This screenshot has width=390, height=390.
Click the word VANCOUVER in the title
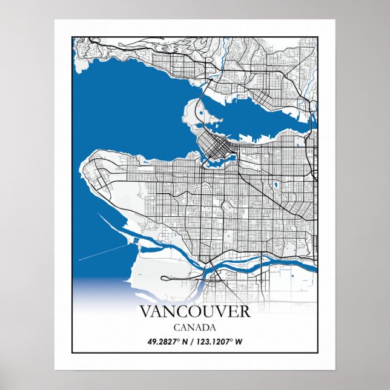point(194,312)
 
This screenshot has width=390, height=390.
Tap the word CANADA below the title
point(194,328)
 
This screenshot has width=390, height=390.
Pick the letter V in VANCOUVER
point(146,312)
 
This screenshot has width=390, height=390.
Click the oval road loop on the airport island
point(176,279)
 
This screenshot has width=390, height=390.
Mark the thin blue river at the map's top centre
point(225,51)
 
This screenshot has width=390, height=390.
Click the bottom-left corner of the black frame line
point(73,352)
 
